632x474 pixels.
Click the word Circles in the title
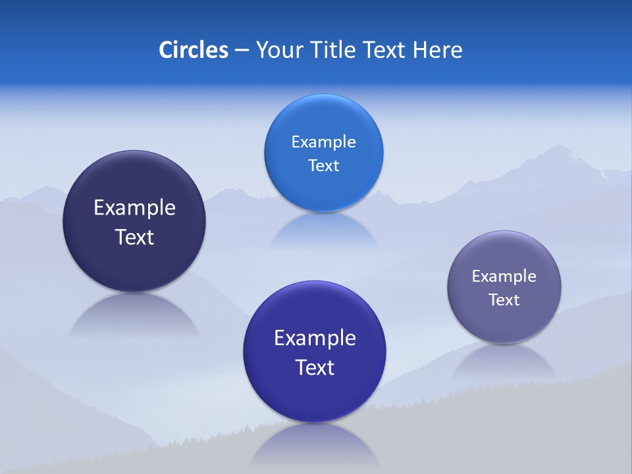193,50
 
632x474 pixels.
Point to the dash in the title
241,51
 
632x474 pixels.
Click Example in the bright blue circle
323,142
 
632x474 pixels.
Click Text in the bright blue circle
323,166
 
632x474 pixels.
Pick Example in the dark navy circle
134,208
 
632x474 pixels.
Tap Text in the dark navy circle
134,237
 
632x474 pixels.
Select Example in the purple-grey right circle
504,276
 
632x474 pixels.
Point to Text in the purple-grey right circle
504,300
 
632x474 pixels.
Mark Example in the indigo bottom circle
315,338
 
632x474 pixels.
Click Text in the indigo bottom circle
315,367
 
